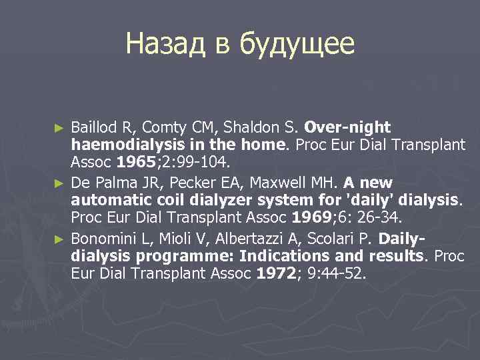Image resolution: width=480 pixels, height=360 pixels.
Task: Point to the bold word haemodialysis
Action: pyautogui.click(x=123, y=145)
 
